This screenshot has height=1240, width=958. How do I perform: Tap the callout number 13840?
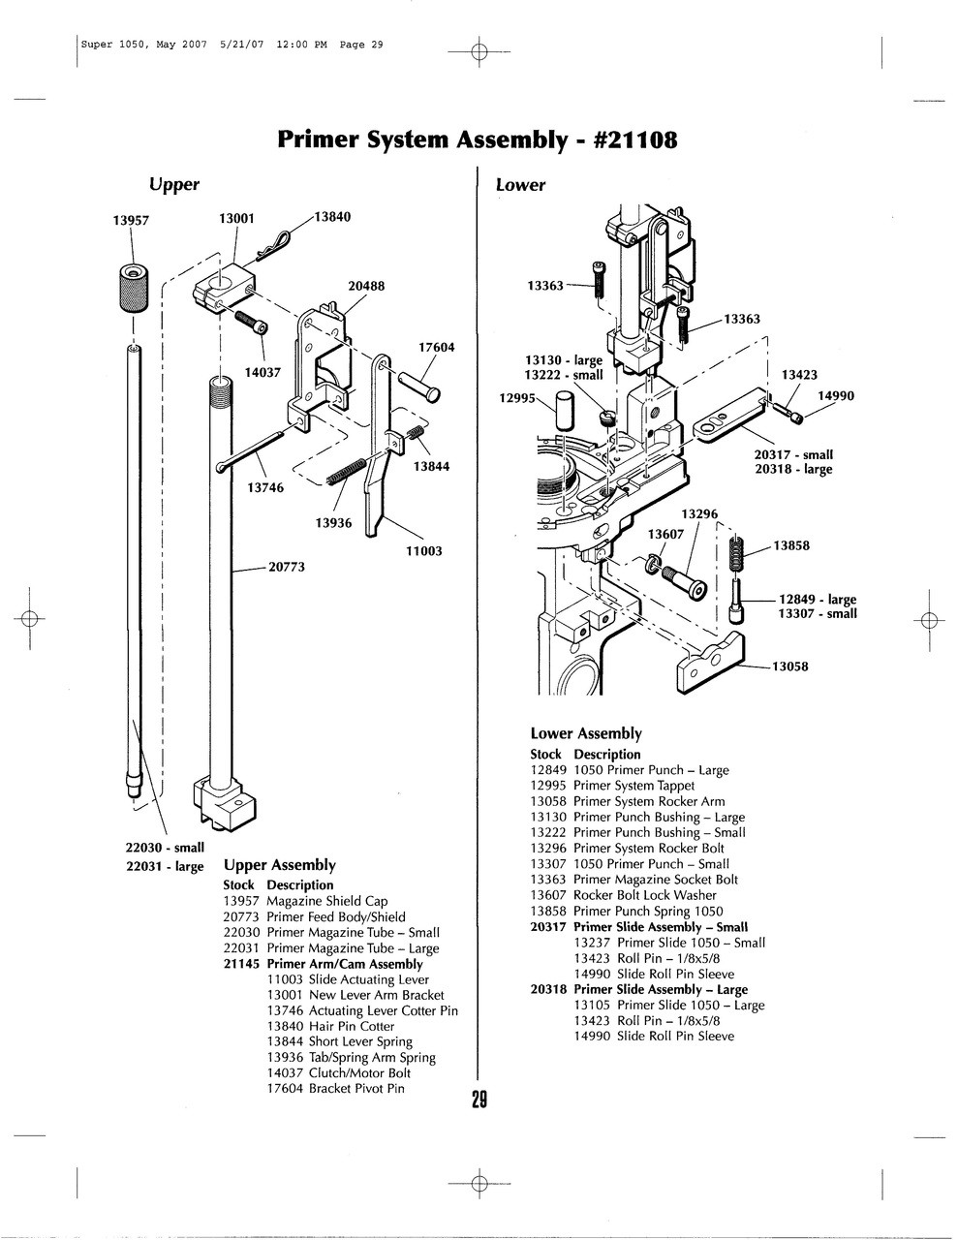click(x=331, y=217)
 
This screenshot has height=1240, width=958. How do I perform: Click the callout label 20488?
click(x=366, y=286)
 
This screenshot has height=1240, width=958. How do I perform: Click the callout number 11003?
click(x=423, y=550)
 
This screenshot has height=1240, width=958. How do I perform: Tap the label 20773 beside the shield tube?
click(x=287, y=567)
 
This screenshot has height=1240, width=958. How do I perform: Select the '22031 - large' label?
click(x=165, y=866)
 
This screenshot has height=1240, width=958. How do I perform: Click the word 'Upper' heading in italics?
click(x=173, y=184)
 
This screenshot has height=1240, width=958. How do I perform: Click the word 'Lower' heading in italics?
click(x=520, y=184)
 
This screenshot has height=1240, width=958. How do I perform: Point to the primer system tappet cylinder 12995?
click(x=566, y=407)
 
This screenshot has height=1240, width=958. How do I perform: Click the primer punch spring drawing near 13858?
click(x=736, y=555)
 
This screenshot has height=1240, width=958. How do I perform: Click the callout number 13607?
click(x=665, y=534)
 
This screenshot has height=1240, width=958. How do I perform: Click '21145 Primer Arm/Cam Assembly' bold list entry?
click(x=323, y=964)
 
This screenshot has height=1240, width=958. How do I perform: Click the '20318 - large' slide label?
click(x=793, y=469)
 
